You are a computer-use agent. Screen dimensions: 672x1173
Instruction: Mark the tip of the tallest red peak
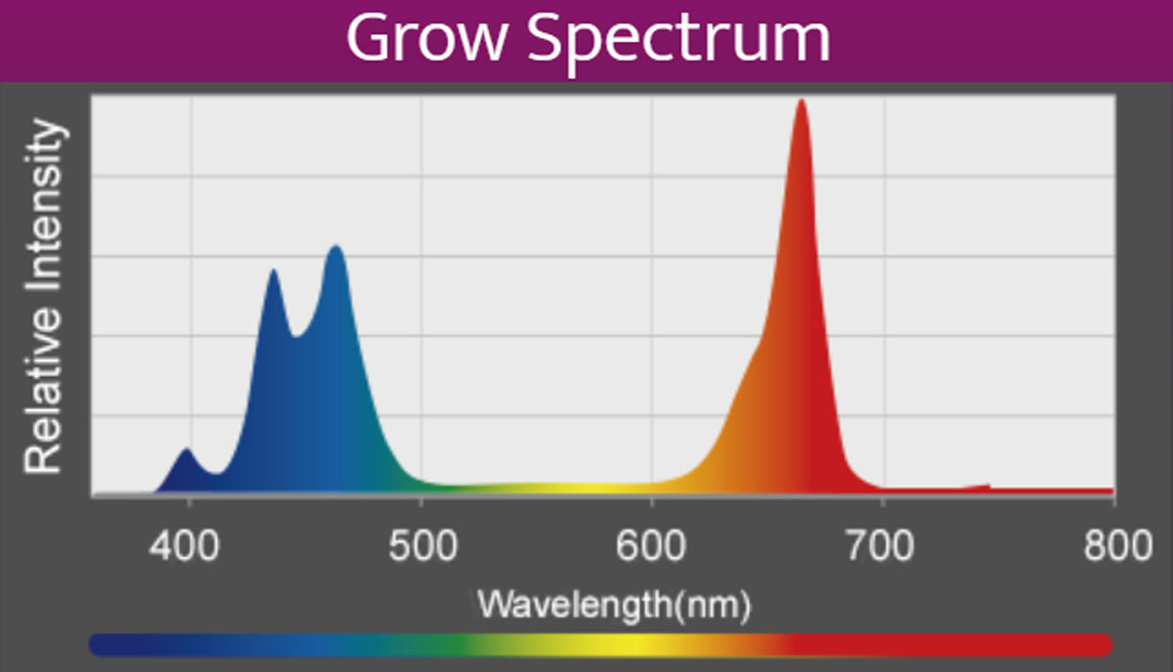click(802, 101)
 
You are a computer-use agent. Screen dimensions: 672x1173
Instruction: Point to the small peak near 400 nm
click(186, 450)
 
